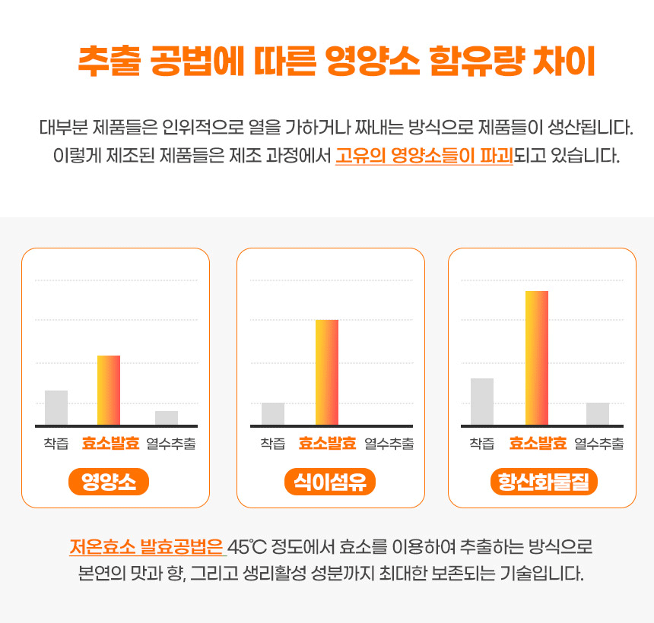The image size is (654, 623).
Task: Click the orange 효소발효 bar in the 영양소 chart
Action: click(109, 390)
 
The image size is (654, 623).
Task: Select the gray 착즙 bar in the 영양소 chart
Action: click(56, 407)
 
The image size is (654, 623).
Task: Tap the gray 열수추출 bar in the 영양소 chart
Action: click(167, 418)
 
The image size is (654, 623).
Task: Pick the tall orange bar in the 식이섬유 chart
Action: click(327, 372)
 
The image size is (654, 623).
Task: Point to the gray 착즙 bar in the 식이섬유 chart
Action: click(273, 413)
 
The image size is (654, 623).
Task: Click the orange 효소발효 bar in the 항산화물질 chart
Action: click(537, 357)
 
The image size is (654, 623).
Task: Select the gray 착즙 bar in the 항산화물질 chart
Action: click(482, 401)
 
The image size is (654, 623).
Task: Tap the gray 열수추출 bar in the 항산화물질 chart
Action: click(598, 413)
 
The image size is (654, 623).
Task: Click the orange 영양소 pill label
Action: click(109, 482)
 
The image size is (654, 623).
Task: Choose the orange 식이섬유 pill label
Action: click(330, 482)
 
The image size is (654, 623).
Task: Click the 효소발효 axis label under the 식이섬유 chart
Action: click(327, 444)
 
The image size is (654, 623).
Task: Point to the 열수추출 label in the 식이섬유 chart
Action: click(389, 444)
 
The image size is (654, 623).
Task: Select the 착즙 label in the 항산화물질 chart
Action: click(482, 444)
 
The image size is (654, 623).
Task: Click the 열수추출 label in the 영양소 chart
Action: click(171, 444)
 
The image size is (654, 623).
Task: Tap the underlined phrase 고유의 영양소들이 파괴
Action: click(424, 157)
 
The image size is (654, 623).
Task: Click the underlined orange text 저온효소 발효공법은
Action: click(147, 547)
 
